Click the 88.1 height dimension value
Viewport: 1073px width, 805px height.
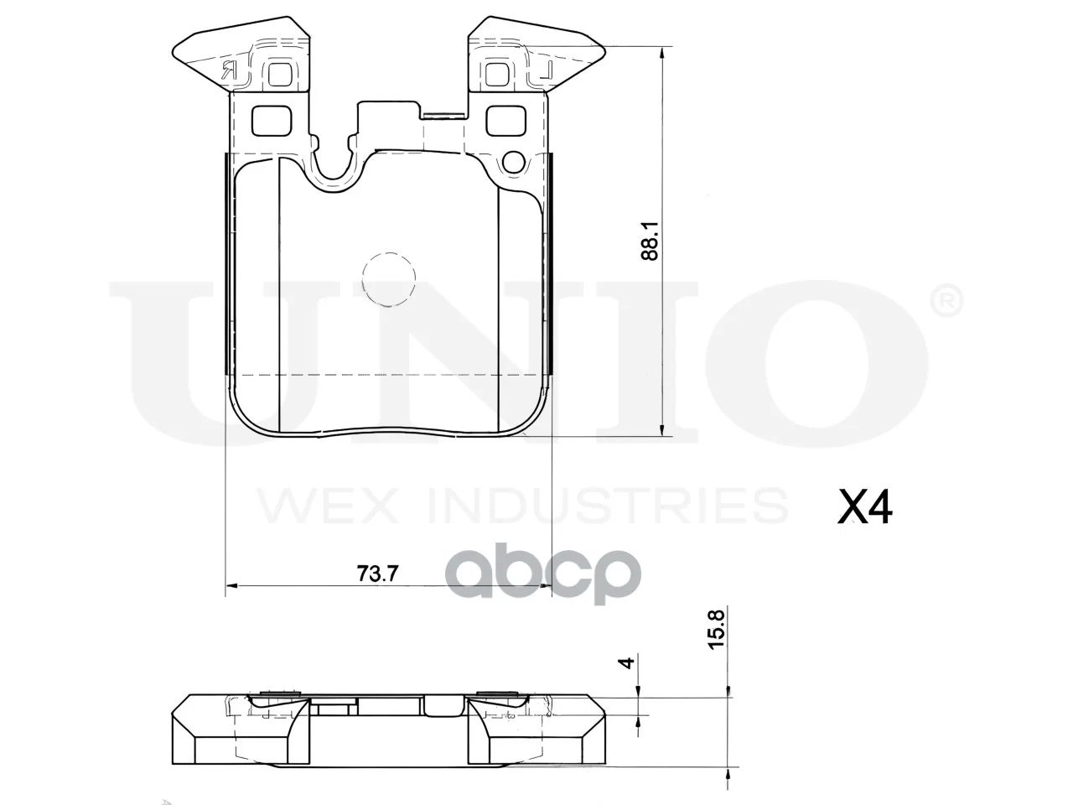point(651,241)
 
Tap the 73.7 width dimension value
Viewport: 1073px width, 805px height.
point(377,574)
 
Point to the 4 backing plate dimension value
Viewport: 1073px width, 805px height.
point(626,662)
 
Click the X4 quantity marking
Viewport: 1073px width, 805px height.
point(865,507)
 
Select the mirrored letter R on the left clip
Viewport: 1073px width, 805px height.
point(229,71)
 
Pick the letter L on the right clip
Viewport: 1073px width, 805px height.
point(546,70)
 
